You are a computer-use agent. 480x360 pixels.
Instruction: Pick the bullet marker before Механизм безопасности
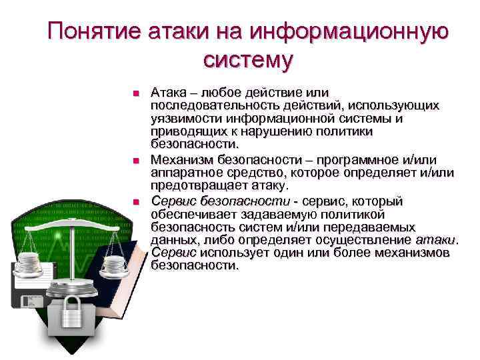[x=135, y=161]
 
